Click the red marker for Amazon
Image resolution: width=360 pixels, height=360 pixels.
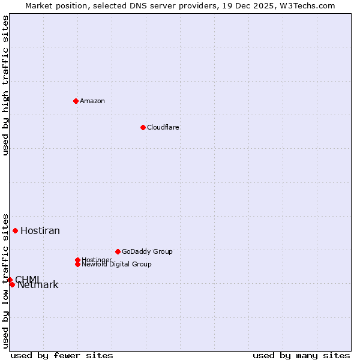coord(76,101)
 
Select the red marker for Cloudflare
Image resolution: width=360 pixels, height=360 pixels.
coord(143,127)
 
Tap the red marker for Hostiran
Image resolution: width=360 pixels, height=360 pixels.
coord(15,230)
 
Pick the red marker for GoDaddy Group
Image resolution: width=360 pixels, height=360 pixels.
coord(118,251)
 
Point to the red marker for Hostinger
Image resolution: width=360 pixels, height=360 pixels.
coord(77,260)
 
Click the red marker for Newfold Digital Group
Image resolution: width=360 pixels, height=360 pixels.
coord(77,264)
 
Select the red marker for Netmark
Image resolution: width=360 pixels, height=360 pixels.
coord(12,284)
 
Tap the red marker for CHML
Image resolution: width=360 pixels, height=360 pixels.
coord(10,280)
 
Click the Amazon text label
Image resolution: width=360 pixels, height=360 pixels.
coord(92,101)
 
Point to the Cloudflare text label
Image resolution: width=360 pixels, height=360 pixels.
coord(163,127)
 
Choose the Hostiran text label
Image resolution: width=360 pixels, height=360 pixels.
coord(40,231)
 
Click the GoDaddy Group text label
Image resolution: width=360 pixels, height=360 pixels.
coord(147,251)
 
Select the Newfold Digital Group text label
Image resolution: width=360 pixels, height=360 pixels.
coord(116,264)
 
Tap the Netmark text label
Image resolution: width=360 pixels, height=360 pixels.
coord(38,285)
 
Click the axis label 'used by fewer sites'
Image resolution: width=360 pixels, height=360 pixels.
coord(62,355)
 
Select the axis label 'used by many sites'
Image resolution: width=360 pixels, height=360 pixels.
coord(301,355)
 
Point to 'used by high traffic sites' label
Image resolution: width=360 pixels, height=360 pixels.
coord(6,85)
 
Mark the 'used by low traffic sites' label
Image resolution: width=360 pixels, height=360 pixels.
coord(6,280)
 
